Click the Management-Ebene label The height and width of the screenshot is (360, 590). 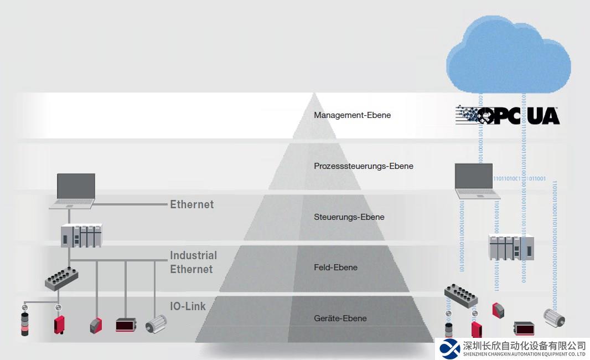pos(352,115)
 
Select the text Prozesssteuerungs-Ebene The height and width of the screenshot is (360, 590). pos(363,166)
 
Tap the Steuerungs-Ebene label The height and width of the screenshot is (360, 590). pos(349,217)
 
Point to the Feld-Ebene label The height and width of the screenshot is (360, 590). pos(335,268)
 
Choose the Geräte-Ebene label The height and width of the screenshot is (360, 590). pos(340,318)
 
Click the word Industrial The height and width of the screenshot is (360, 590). pos(193,255)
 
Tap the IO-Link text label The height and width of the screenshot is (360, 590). pos(188,306)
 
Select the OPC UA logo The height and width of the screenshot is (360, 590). pos(508,115)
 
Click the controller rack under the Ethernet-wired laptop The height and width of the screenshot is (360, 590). pos(81,235)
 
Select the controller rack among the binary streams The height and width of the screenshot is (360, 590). pos(511,247)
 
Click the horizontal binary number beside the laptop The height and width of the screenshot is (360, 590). pos(519,179)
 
